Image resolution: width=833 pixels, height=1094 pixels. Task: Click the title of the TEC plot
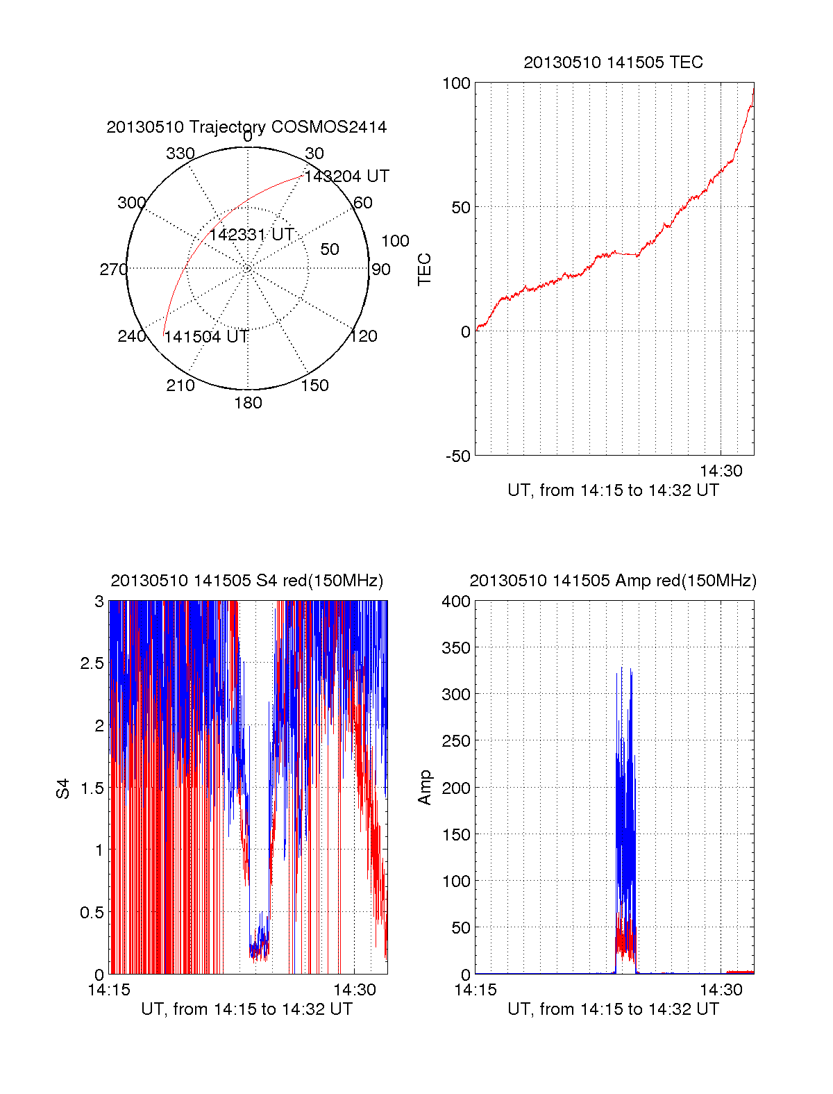613,63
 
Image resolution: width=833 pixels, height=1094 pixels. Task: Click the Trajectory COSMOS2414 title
246,127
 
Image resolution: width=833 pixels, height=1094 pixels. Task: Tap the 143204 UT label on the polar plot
346,176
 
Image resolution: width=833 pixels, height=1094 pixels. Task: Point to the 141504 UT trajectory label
206,337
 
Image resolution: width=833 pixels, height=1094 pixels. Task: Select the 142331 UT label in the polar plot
251,235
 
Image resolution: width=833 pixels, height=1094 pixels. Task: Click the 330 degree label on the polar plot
180,154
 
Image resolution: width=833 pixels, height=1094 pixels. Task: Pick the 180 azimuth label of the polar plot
248,403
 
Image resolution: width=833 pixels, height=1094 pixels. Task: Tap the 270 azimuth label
113,270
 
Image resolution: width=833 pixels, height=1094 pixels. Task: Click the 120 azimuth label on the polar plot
364,337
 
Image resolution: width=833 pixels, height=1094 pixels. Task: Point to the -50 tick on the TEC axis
458,456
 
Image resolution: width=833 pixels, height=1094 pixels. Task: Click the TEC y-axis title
424,270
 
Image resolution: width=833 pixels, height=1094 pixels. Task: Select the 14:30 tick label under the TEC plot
721,471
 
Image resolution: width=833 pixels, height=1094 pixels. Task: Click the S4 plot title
246,581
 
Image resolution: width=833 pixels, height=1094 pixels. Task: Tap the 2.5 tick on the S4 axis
92,663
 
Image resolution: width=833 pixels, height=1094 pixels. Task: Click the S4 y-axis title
63,788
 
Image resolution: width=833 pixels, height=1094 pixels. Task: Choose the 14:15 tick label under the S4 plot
109,990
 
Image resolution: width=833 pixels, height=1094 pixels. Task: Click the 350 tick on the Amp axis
456,648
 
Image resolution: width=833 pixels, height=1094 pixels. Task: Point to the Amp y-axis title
424,788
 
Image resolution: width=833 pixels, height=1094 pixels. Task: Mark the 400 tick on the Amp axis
456,602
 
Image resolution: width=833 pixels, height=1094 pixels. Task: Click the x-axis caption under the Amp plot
613,1009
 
